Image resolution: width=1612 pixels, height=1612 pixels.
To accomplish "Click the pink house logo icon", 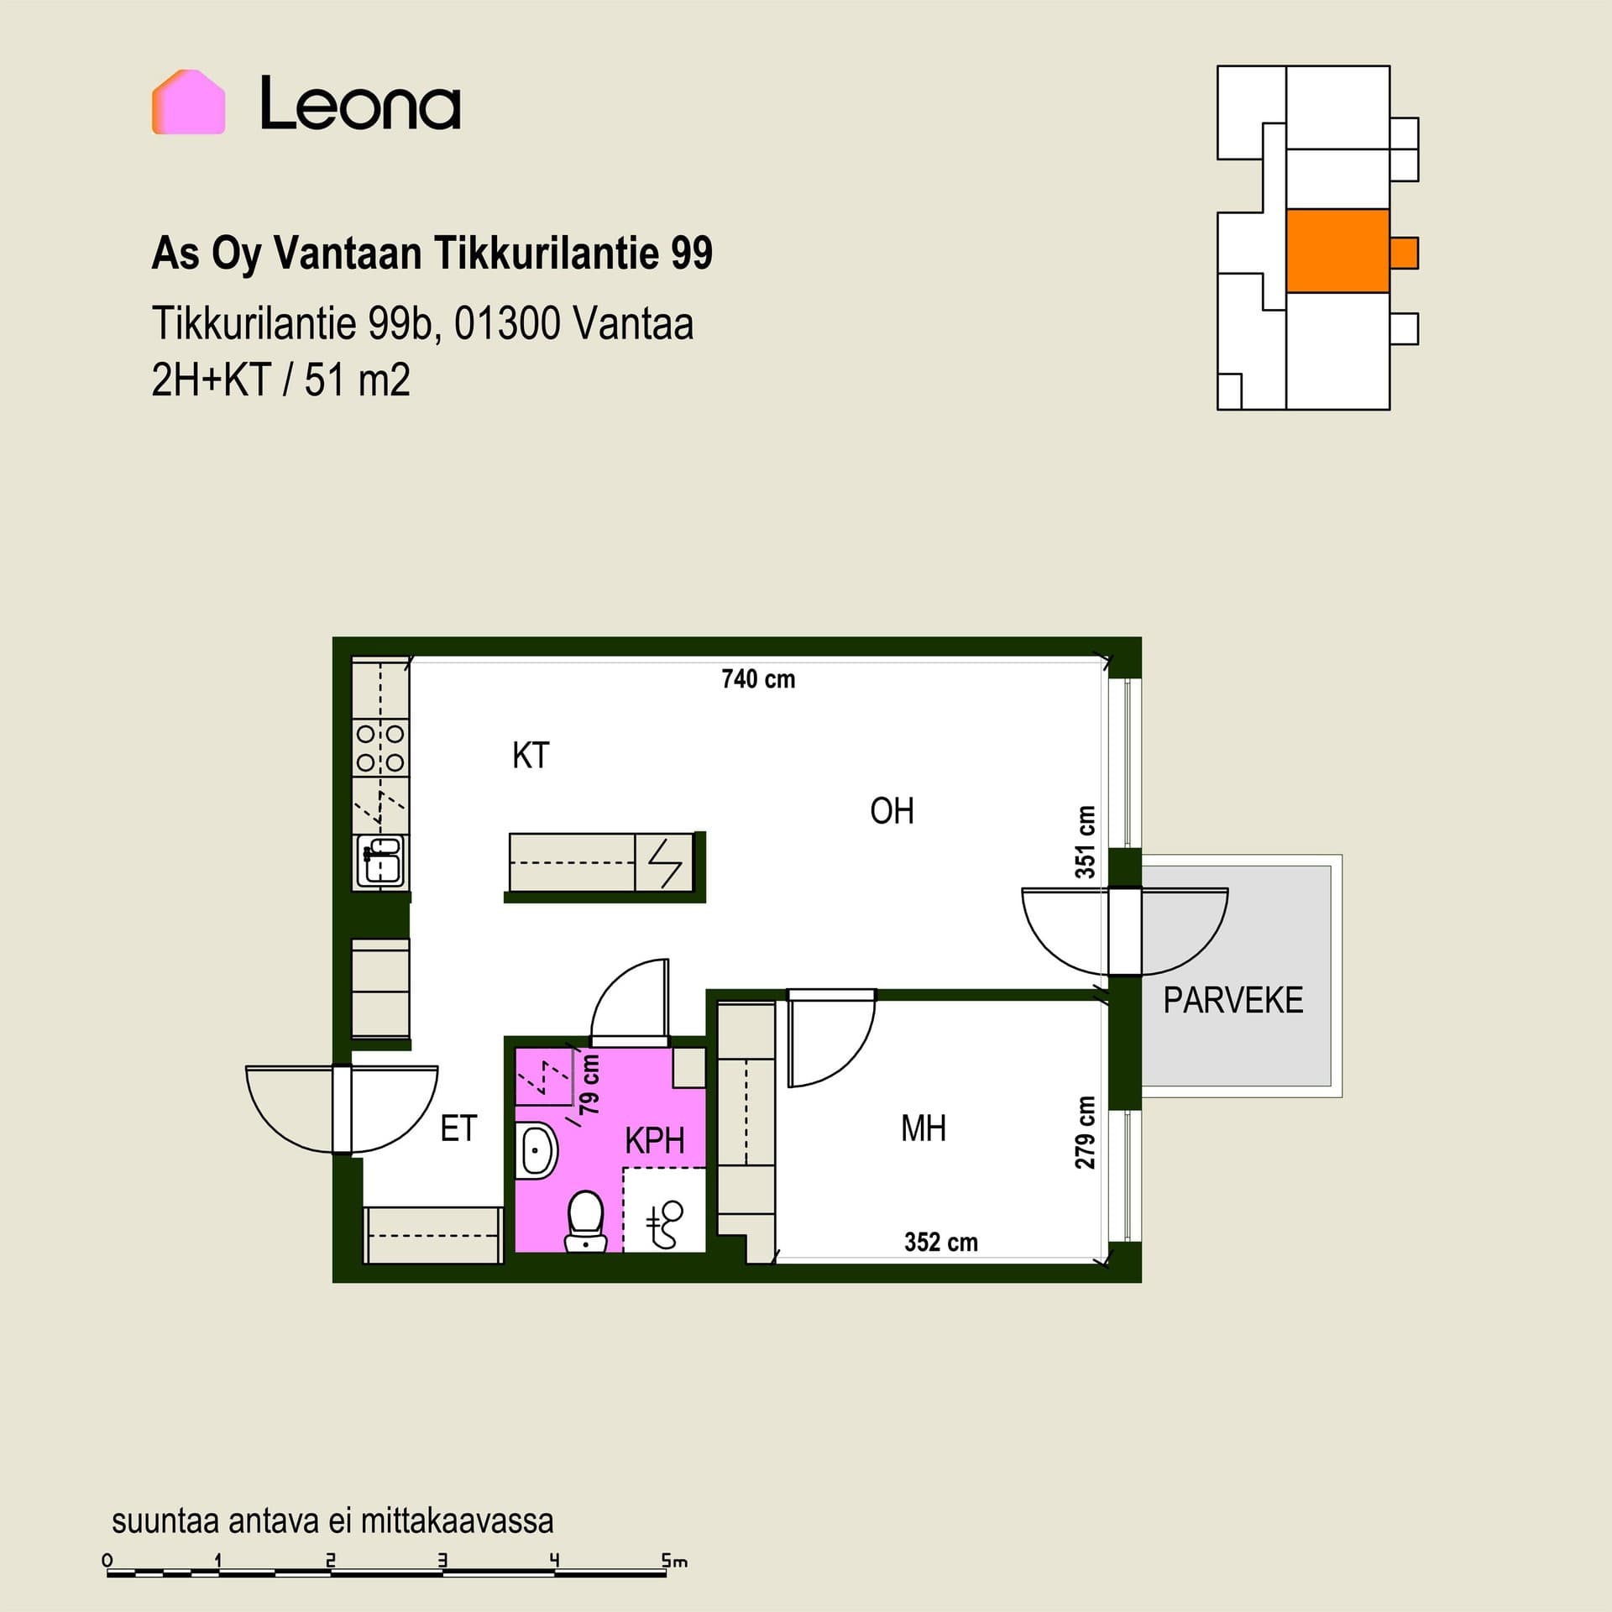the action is click(188, 102).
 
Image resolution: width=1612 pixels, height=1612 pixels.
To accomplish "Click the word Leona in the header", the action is click(360, 103).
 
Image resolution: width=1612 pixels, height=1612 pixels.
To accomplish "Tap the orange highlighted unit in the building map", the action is click(1338, 251).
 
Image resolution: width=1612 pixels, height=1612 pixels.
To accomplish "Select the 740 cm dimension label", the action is click(758, 678).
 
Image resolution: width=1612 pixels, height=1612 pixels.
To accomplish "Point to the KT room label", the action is click(531, 756).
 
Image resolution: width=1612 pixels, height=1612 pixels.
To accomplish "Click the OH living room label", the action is click(892, 811).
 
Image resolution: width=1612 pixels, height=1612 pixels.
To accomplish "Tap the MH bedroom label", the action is click(924, 1128).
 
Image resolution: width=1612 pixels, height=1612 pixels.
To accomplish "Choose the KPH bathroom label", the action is click(655, 1141).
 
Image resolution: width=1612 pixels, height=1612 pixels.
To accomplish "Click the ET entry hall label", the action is click(458, 1128).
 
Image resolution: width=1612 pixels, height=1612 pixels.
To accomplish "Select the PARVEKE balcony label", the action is click(1233, 1000).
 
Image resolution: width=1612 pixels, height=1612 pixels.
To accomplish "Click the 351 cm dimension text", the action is click(1086, 842).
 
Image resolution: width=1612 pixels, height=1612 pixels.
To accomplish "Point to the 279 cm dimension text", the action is click(1086, 1133).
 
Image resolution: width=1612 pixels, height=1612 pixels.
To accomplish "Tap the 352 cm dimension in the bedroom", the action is click(941, 1242).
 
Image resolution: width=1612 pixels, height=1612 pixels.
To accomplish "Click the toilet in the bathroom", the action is click(586, 1222).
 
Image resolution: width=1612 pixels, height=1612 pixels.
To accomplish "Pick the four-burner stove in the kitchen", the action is click(380, 748).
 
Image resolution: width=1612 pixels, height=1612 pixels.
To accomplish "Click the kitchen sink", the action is click(380, 861).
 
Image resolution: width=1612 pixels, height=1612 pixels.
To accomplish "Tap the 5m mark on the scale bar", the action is click(674, 1561).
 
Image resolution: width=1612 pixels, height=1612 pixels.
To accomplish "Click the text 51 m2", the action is click(357, 379).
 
